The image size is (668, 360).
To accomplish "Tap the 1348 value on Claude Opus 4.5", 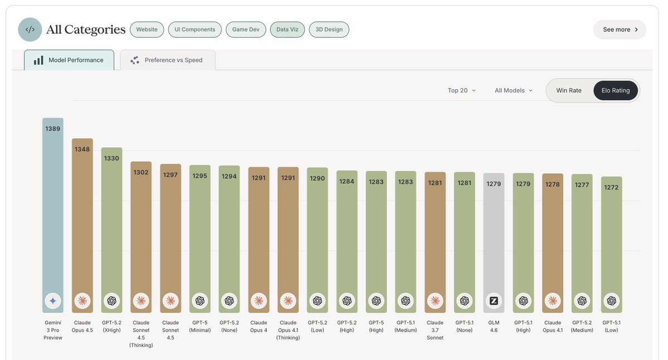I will tap(82, 149).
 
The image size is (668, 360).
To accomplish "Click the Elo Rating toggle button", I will tap(615, 90).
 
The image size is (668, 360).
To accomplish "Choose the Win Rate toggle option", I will tap(569, 90).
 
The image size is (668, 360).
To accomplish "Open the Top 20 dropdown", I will tap(462, 90).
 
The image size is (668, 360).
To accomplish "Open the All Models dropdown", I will tap(514, 90).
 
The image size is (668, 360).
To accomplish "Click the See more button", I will tap(620, 30).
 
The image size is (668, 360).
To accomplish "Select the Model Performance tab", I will tap(69, 60).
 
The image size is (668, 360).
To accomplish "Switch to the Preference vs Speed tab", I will tap(168, 60).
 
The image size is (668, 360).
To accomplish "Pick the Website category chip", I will tap(147, 30).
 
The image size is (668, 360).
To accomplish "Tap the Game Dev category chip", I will tap(246, 30).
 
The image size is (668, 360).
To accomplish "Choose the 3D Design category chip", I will tap(329, 30).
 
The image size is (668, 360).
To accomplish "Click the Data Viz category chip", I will tap(287, 30).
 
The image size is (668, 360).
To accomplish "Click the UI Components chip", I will tap(195, 30).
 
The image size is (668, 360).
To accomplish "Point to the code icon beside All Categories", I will tap(30, 30).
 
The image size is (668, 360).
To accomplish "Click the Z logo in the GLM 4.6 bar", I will tap(494, 301).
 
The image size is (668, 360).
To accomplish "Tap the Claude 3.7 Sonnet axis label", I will tap(435, 330).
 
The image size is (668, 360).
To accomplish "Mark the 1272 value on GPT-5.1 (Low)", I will tap(611, 187).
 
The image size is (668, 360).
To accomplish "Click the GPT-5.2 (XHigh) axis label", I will tap(111, 326).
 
